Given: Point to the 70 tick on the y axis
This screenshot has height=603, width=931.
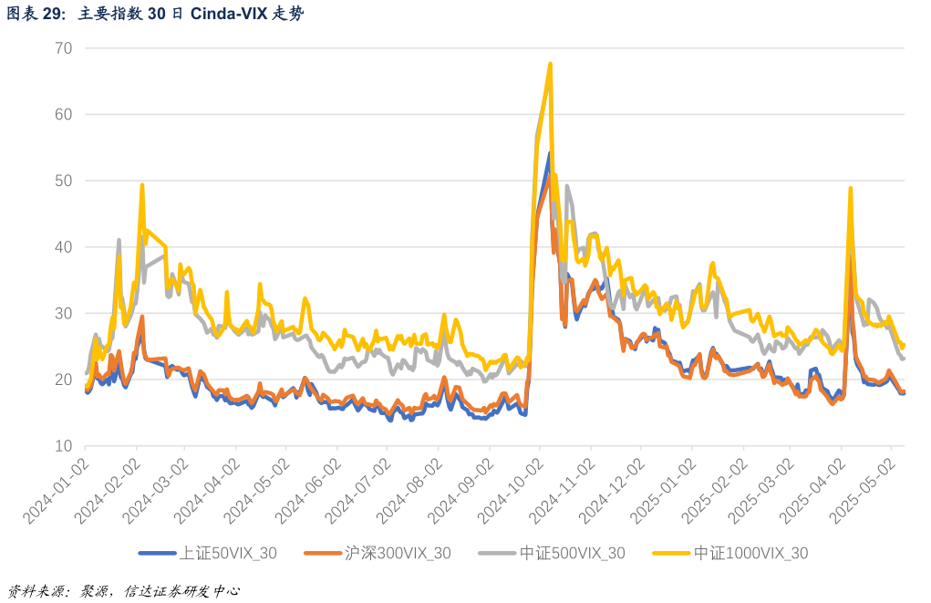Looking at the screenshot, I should (x=63, y=47).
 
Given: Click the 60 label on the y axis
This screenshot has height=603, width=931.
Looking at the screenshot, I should (x=63, y=114).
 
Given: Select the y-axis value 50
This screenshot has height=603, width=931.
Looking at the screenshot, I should (x=63, y=181).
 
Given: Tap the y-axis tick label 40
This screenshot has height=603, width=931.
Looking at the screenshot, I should (x=63, y=247).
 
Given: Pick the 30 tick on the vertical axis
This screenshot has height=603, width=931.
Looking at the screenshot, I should (x=63, y=313).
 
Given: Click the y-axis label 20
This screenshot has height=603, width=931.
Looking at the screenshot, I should (x=63, y=379).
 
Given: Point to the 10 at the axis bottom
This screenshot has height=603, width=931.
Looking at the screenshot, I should (x=63, y=446).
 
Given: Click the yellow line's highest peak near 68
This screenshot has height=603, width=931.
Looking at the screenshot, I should (x=551, y=64).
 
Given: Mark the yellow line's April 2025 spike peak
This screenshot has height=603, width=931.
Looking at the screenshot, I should (x=850, y=189).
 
